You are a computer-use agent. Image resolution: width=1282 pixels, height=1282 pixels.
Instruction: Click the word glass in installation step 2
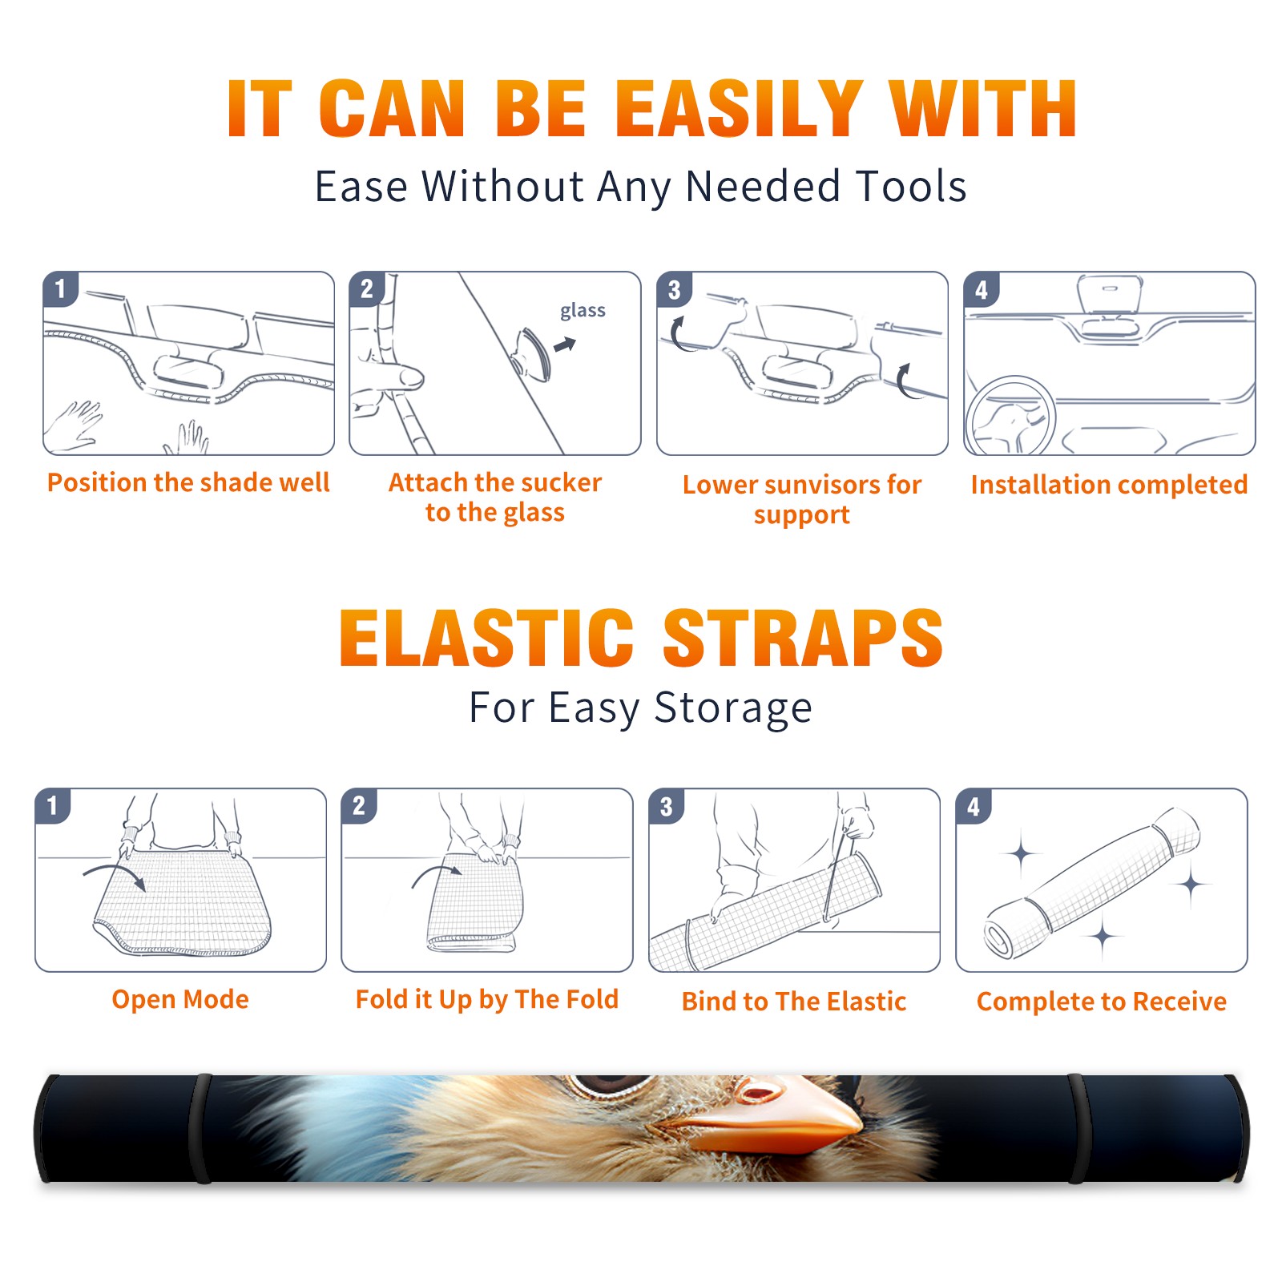point(583,311)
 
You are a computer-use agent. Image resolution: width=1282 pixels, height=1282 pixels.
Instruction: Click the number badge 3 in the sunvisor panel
point(674,290)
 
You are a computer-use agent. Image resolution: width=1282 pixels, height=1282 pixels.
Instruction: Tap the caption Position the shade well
point(188,482)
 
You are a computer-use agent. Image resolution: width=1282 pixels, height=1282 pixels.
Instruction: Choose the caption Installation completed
point(1109,485)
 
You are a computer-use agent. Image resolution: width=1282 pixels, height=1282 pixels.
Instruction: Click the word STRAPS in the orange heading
point(802,638)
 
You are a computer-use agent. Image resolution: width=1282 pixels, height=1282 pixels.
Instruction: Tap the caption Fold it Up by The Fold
point(487,1000)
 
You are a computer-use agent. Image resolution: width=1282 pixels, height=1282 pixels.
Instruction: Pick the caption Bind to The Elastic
point(794,1002)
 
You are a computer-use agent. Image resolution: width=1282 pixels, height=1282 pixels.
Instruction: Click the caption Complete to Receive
point(1102,1002)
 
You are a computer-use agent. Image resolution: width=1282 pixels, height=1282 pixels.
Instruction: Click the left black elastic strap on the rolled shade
point(200,1128)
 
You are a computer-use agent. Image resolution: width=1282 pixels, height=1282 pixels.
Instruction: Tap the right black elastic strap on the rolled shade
point(1078,1128)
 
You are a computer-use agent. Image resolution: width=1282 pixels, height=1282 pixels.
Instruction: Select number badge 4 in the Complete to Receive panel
point(974,806)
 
